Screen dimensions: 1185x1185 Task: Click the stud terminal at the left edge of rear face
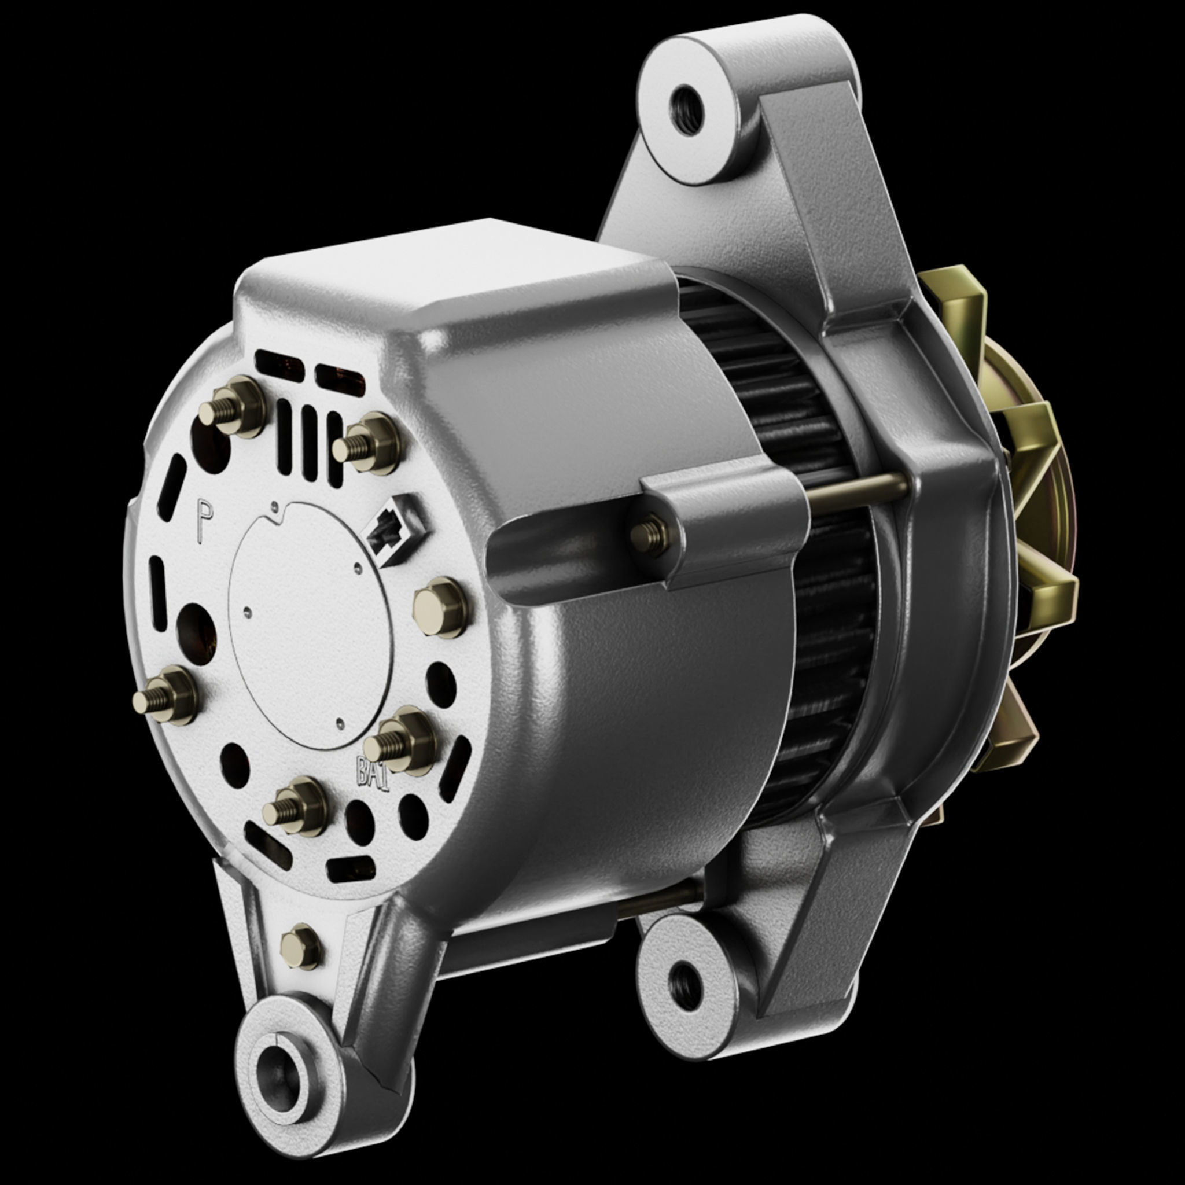164,696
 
